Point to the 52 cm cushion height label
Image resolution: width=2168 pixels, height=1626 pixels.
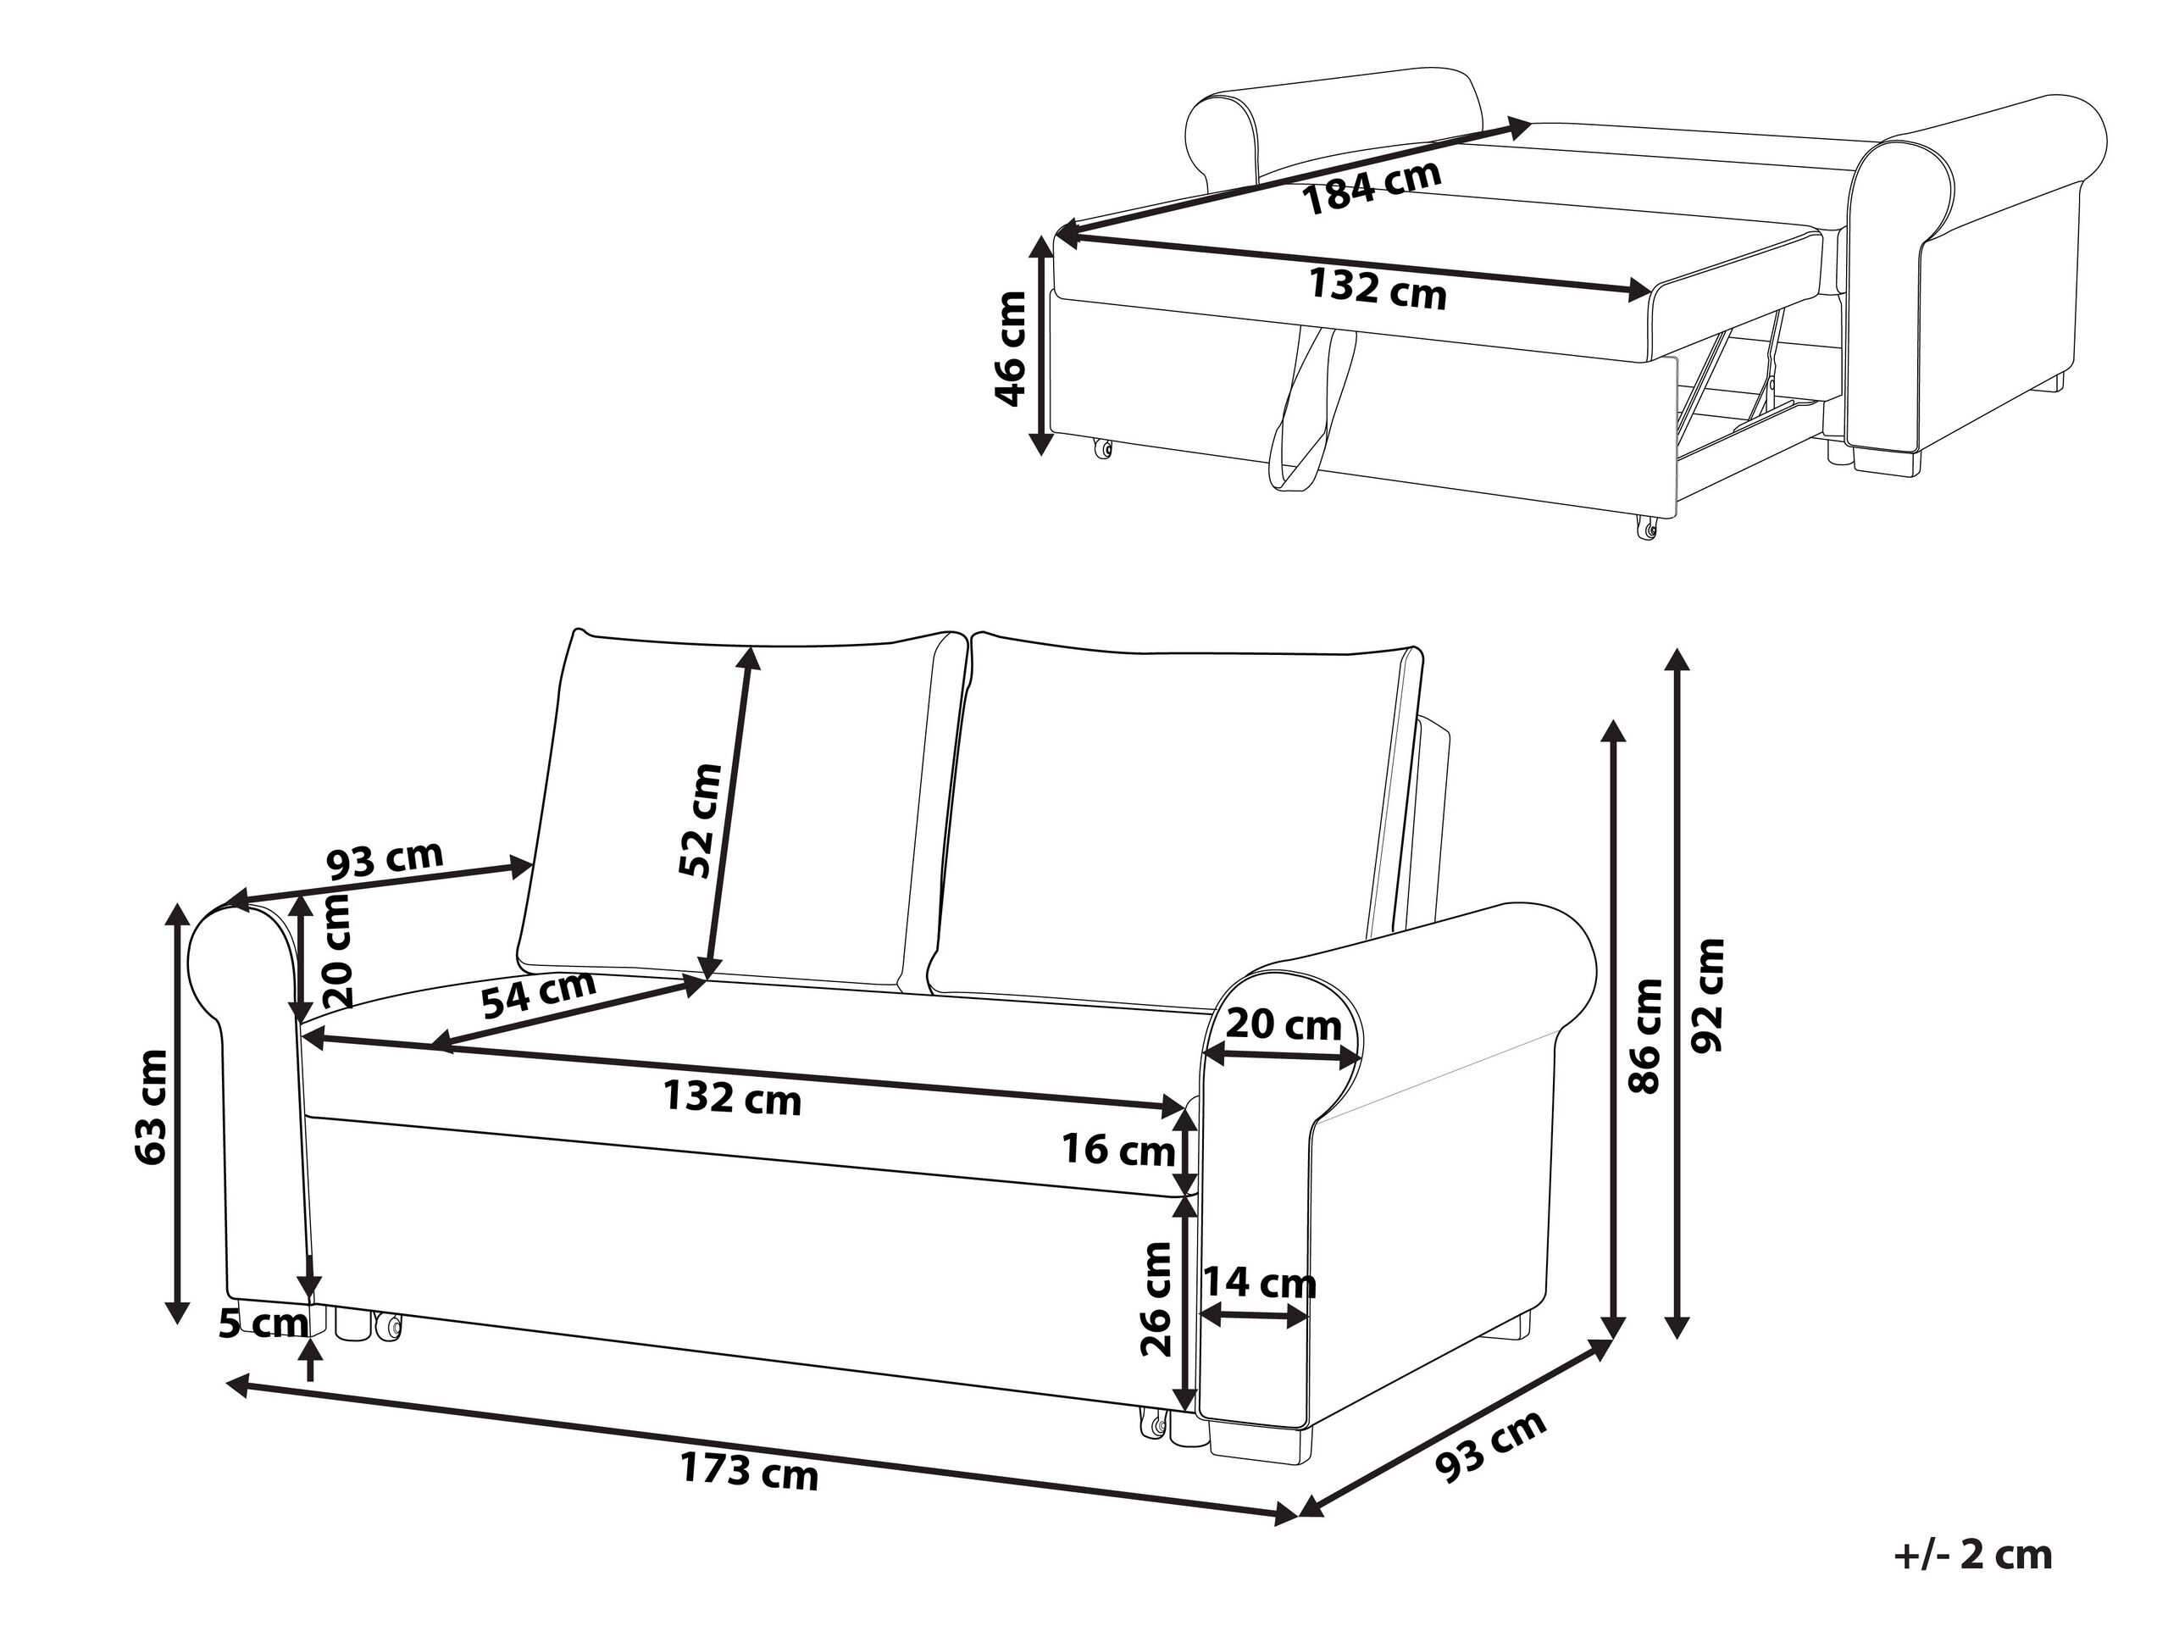click(x=701, y=820)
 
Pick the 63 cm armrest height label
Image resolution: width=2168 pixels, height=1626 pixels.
click(x=151, y=1107)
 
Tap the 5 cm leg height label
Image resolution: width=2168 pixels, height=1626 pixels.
click(x=262, y=1324)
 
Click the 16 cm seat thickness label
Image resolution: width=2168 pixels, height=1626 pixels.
click(x=1118, y=1149)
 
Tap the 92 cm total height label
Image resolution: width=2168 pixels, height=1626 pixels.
click(x=1706, y=996)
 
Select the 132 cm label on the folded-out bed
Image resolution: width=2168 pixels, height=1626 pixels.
click(x=1377, y=289)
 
